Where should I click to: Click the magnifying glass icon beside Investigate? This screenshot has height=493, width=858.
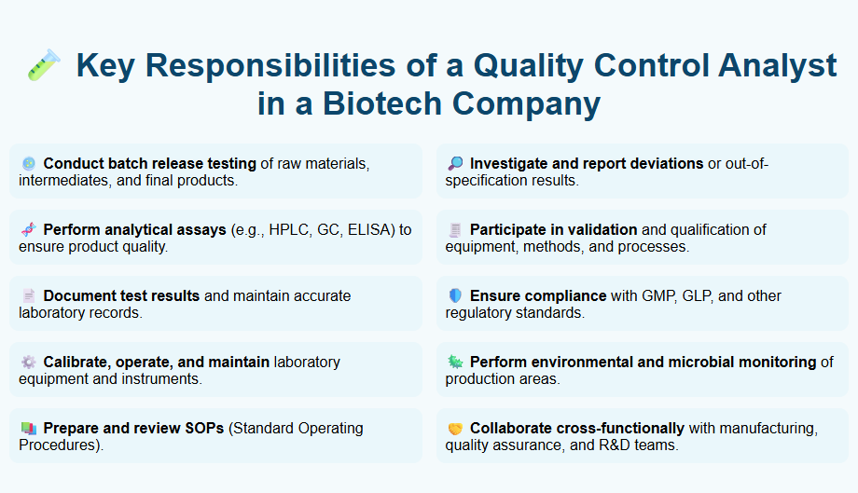(x=455, y=163)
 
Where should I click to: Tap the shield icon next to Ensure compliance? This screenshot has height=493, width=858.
(x=455, y=295)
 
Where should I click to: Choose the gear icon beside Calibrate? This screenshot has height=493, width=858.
(x=28, y=362)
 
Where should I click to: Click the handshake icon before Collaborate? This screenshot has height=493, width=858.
(x=455, y=429)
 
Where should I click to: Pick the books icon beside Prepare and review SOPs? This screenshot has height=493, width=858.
(x=28, y=429)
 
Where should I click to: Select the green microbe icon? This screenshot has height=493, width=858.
(x=455, y=362)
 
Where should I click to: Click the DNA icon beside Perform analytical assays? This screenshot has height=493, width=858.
(x=28, y=229)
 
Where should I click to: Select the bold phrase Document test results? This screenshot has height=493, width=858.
(x=121, y=295)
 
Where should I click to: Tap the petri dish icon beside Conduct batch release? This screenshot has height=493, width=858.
(x=28, y=163)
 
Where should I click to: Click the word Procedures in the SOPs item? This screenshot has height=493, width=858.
(x=57, y=445)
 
